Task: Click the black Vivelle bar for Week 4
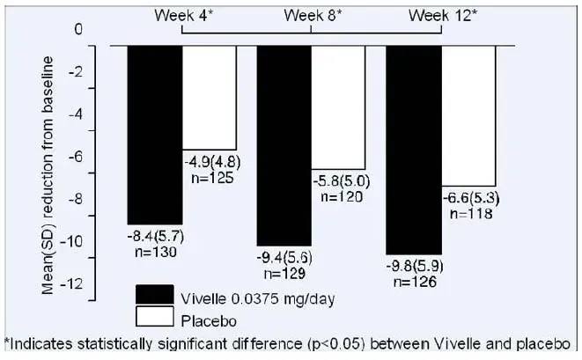pyautogui.click(x=155, y=133)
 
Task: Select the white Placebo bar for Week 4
pyautogui.click(x=209, y=97)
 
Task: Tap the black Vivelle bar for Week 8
pyautogui.click(x=284, y=144)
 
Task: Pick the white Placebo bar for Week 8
pyautogui.click(x=338, y=106)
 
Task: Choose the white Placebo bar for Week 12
pyautogui.click(x=468, y=114)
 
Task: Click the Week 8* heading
pyautogui.click(x=313, y=15)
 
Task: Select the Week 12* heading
pyautogui.click(x=443, y=15)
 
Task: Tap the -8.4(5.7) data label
pyautogui.click(x=152, y=237)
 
